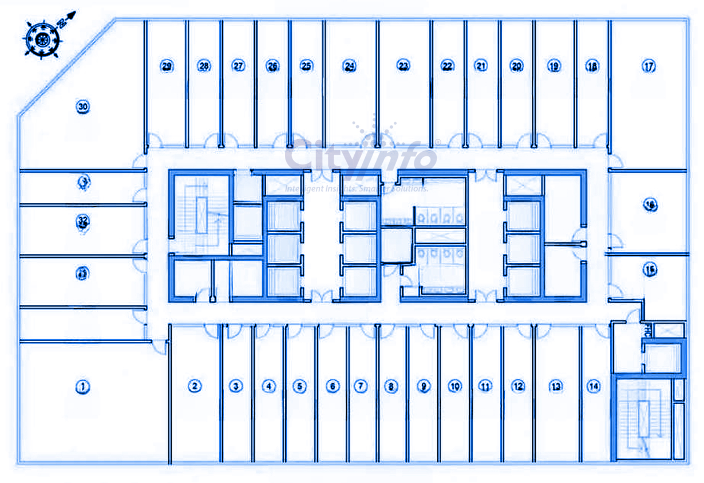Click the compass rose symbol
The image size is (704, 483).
42,39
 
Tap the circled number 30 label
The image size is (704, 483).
83,107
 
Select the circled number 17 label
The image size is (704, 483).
648,66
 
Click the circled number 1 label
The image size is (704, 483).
83,387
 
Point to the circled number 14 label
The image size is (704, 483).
594,387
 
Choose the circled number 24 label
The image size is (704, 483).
349,66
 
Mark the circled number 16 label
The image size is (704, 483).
649,205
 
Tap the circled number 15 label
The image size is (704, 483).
649,269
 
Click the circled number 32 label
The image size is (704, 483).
83,221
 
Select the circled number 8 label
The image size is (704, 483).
391,387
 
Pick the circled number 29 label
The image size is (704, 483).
167,66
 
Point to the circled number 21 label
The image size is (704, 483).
481,66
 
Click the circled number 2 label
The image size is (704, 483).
195,386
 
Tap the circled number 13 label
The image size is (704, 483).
555,387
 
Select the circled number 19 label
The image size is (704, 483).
553,66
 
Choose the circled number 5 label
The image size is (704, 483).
299,386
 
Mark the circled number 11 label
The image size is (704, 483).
485,387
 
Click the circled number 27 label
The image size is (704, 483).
238,66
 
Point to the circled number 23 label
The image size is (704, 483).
404,66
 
